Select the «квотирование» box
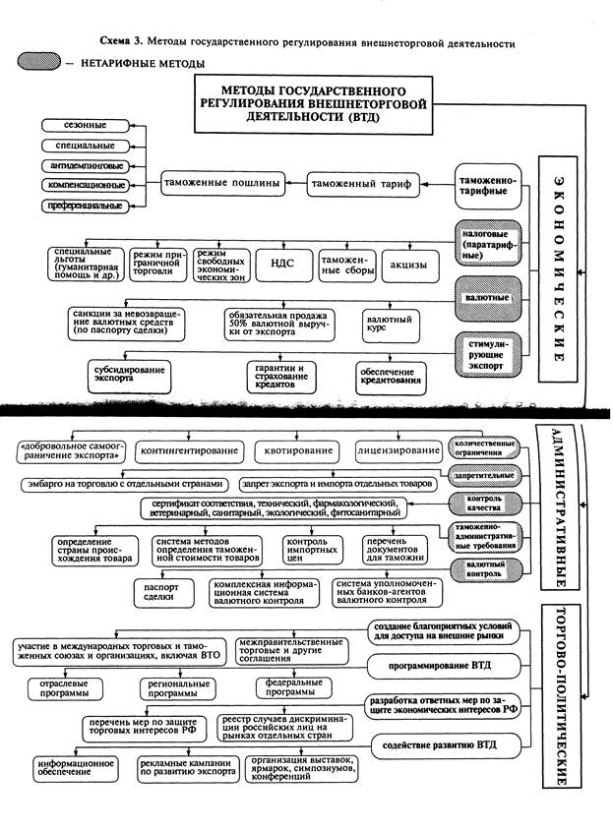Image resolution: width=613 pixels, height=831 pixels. (x=294, y=451)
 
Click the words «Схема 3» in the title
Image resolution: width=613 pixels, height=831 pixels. (x=123, y=43)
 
